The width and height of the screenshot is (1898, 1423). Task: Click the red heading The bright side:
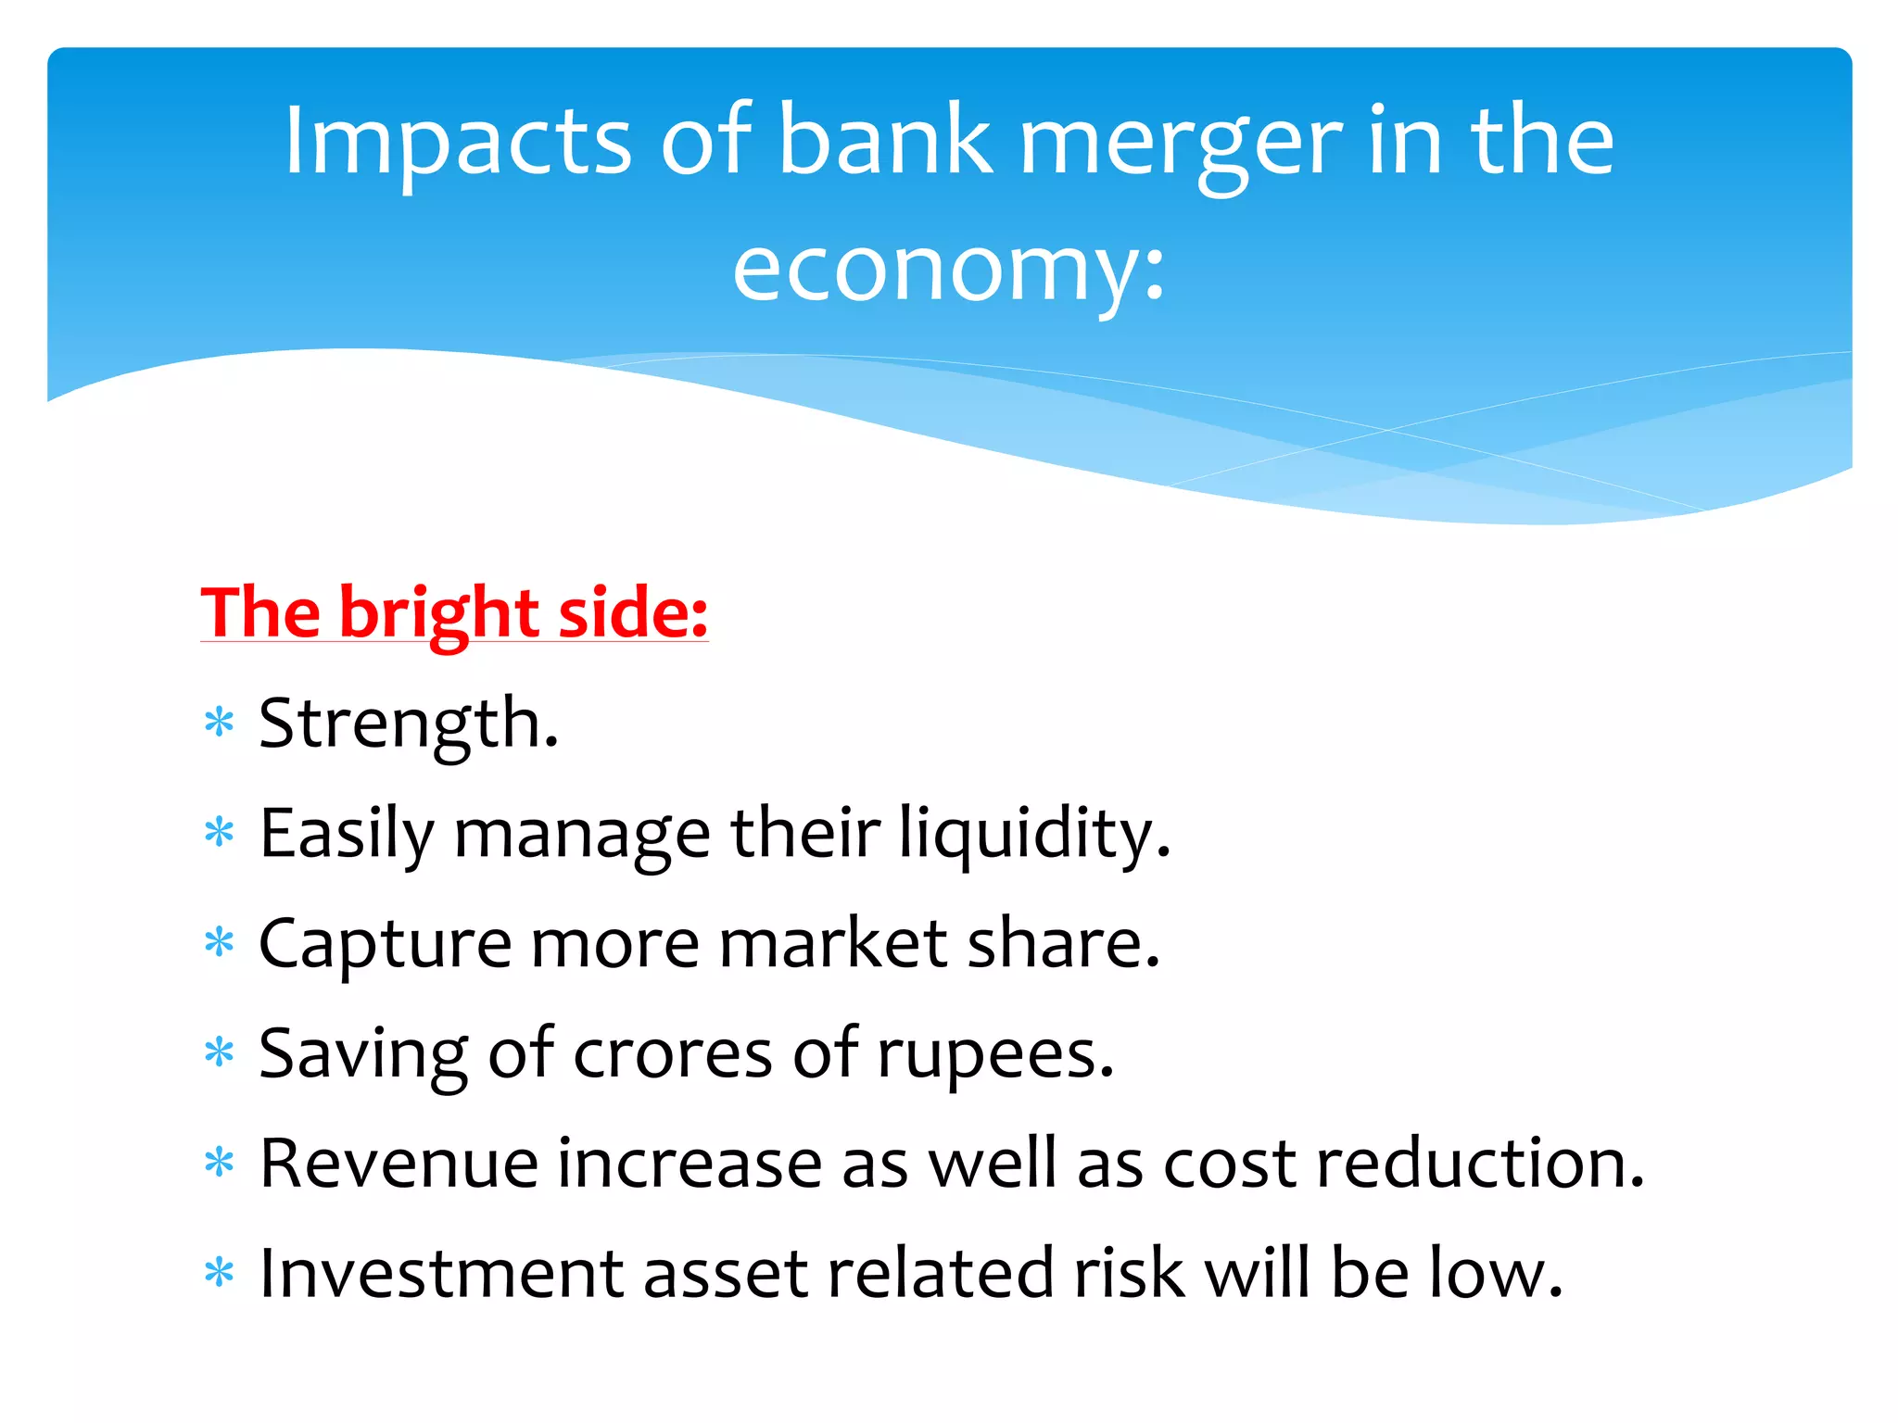tap(454, 613)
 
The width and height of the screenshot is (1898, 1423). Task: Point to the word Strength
tap(409, 724)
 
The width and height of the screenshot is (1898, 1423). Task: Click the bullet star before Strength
tap(220, 723)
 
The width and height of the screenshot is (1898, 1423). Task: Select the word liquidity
tap(1034, 833)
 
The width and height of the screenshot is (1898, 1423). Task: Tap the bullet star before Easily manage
tap(220, 833)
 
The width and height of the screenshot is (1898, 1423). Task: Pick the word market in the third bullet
tap(833, 943)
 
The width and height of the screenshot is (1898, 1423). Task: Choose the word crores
tap(672, 1054)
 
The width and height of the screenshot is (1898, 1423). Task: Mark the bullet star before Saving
tap(220, 1053)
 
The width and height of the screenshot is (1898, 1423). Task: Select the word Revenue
tap(399, 1164)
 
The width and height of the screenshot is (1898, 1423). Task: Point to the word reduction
tap(1479, 1164)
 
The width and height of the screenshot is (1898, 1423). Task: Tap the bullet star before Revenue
tap(220, 1163)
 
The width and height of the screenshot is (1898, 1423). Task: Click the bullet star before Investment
tap(220, 1273)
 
